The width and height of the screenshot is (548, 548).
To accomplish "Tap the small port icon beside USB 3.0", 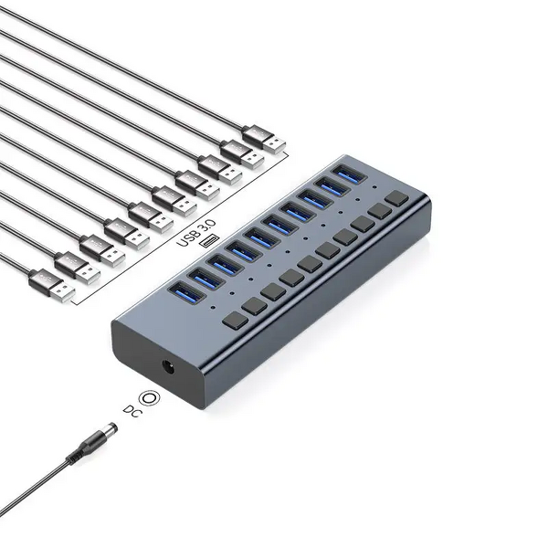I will [212, 240].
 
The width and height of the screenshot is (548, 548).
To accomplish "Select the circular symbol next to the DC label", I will [150, 398].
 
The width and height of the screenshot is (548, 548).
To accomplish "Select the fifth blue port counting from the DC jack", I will [259, 237].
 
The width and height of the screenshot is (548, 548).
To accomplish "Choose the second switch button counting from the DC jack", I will [253, 304].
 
